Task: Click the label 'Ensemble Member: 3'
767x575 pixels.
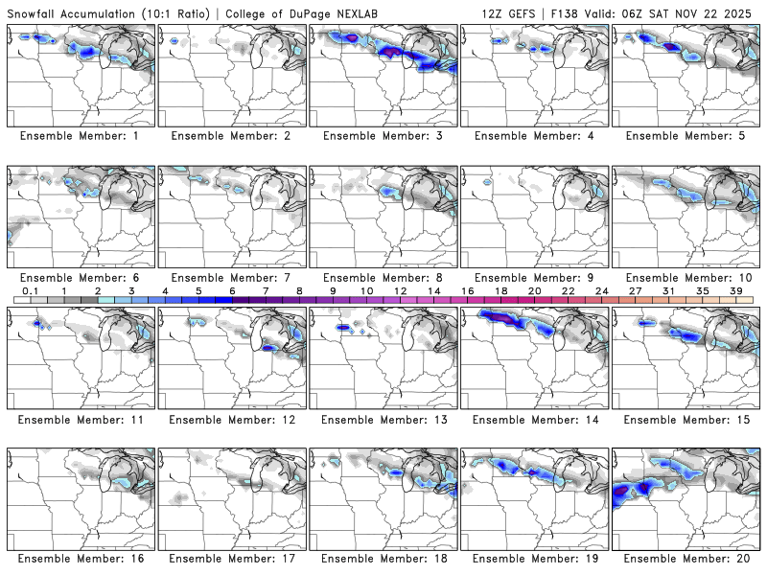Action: [x=383, y=136]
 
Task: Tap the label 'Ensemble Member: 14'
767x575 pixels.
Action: [x=534, y=420]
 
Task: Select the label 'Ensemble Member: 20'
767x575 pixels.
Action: [x=686, y=558]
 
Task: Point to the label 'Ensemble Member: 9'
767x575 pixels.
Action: [x=534, y=278]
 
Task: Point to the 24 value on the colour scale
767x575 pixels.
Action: [x=601, y=290]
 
